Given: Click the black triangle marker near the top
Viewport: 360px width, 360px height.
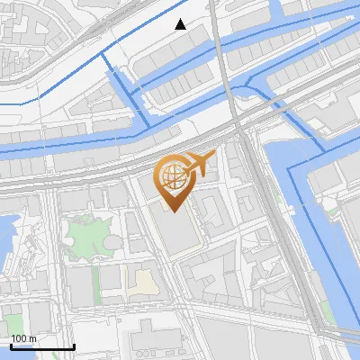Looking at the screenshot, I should [x=181, y=24].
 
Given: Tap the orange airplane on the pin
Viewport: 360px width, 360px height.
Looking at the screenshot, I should [x=198, y=165].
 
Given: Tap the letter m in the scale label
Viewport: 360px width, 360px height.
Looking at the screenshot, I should [x=32, y=338].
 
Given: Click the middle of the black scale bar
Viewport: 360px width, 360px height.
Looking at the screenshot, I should [x=42, y=346].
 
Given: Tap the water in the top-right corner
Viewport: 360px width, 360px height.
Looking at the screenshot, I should [x=346, y=11].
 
